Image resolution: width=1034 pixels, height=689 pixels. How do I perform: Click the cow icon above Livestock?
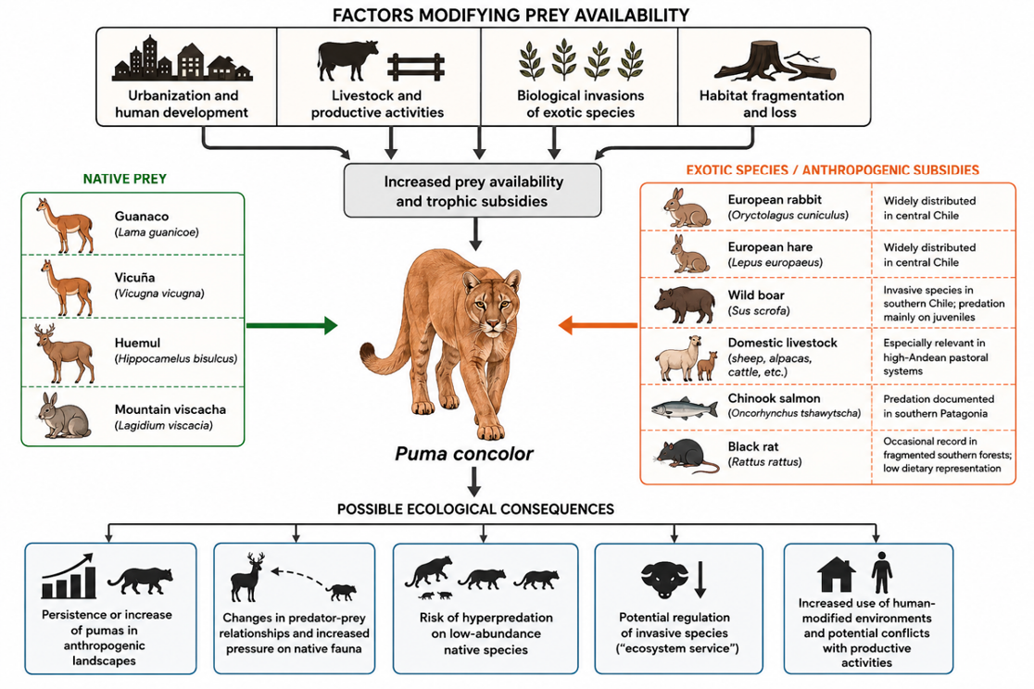pyautogui.click(x=347, y=60)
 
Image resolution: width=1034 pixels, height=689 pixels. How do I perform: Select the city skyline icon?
pyautogui.click(x=182, y=58)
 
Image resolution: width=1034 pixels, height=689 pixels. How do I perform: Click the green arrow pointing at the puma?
pyautogui.click(x=292, y=325)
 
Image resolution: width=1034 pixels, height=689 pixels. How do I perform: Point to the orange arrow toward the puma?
pyautogui.click(x=598, y=325)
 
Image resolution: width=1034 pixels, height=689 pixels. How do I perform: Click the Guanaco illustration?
pyautogui.click(x=65, y=225)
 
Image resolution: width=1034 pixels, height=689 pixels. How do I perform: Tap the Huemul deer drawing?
pyautogui.click(x=64, y=353)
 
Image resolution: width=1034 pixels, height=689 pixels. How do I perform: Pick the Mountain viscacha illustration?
pyautogui.click(x=63, y=416)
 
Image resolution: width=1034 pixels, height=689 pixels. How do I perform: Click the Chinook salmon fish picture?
pyautogui.click(x=684, y=409)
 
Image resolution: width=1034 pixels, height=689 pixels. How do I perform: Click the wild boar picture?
pyautogui.click(x=685, y=305)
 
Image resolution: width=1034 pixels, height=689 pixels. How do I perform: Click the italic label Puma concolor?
pyautogui.click(x=463, y=454)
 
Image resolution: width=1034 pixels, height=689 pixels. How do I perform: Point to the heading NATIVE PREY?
pyautogui.click(x=125, y=179)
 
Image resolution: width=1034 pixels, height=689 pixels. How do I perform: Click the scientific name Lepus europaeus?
pyautogui.click(x=775, y=262)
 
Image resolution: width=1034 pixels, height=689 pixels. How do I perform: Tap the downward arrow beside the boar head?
pyautogui.click(x=700, y=580)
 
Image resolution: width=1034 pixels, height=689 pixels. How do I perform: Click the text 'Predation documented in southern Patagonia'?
pyautogui.click(x=939, y=407)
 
